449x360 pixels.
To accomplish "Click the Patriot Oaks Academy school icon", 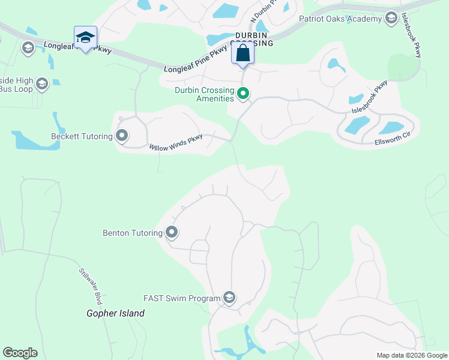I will [x=392, y=19].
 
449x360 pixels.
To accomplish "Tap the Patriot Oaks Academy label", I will [x=341, y=19].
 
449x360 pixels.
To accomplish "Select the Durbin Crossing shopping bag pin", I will [x=243, y=53].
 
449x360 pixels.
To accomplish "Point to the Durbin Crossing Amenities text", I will [x=203, y=94].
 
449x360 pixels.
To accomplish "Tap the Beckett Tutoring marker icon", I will [x=122, y=136].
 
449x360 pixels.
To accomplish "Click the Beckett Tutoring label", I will [x=82, y=136].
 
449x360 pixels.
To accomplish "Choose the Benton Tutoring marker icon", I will [x=172, y=232].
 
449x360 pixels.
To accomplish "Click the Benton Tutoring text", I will [x=133, y=233].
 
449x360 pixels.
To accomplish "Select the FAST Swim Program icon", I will [x=229, y=298].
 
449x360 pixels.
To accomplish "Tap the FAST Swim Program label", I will [x=181, y=298].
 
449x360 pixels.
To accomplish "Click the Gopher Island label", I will [x=115, y=313].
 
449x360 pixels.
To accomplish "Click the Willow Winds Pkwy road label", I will [x=176, y=142].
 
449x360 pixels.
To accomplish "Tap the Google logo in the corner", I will [x=20, y=353].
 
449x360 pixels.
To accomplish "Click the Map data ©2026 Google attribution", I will [x=412, y=355].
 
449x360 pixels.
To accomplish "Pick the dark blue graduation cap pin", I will [x=85, y=38].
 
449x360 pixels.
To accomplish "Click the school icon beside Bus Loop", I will [x=41, y=84].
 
